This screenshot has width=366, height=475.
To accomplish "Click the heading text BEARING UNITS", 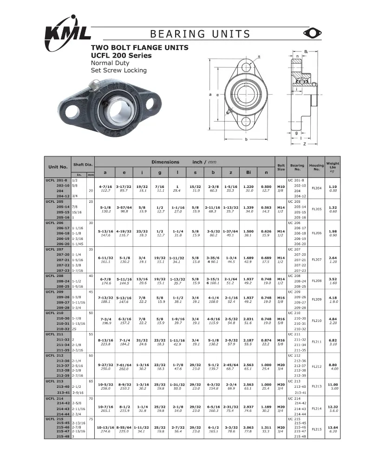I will [x=200, y=34].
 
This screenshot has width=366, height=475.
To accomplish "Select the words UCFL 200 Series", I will [x=121, y=55].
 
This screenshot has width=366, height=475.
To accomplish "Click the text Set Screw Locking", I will [x=118, y=71].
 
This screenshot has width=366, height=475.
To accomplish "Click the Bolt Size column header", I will [x=281, y=167].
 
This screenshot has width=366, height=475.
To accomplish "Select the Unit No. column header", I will [x=58, y=167].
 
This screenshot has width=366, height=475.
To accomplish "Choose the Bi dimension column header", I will [x=249, y=171].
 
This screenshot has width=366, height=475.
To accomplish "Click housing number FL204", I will [x=316, y=188].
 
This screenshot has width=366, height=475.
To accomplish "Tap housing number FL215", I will [x=316, y=429].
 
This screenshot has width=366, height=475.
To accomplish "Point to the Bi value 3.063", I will [x=249, y=427].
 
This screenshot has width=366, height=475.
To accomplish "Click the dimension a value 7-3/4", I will [x=105, y=319].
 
